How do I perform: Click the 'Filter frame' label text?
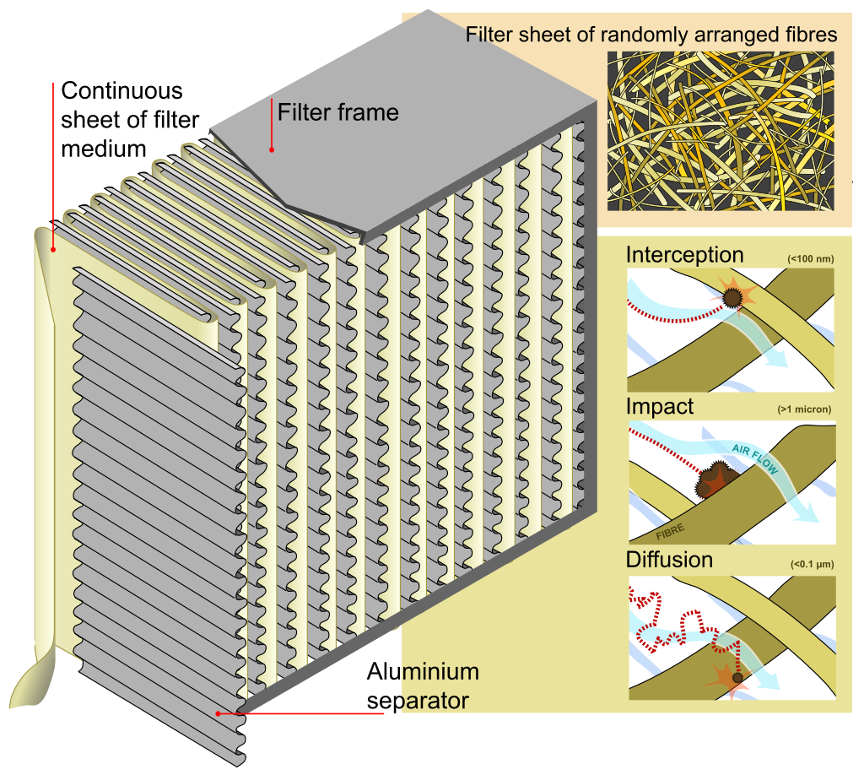pyautogui.click(x=337, y=112)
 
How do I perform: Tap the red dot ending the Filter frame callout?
pyautogui.click(x=272, y=149)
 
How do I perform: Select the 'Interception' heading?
pyautogui.click(x=684, y=255)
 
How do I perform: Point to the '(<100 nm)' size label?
pyautogui.click(x=810, y=258)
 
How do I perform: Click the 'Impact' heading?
pyautogui.click(x=660, y=406)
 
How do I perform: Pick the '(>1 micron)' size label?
pyautogui.click(x=804, y=409)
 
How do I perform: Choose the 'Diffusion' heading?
pyautogui.click(x=669, y=560)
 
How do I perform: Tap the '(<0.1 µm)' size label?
pyautogui.click(x=810, y=563)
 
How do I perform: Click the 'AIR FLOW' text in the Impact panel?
pyautogui.click(x=755, y=460)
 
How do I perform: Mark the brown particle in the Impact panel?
pyautogui.click(x=713, y=480)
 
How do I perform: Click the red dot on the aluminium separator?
pyautogui.click(x=219, y=713)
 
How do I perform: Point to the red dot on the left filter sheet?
pyautogui.click(x=53, y=249)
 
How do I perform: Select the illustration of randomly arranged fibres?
pyautogui.click(x=721, y=131)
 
